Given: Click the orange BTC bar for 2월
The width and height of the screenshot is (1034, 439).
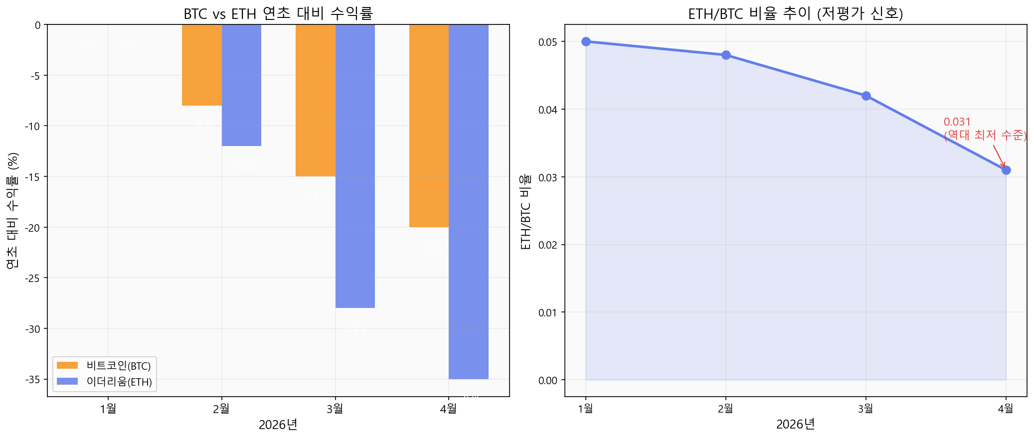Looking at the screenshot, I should (202, 65).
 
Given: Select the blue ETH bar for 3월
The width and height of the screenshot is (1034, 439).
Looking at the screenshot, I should (355, 166).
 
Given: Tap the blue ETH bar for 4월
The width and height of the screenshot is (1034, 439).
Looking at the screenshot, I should (469, 201).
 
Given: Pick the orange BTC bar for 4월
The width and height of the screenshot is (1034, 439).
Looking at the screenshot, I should (429, 126).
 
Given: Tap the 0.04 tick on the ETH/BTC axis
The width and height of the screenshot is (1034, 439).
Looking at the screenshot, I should (547, 110).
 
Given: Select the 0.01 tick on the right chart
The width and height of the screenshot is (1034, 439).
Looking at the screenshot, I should (547, 312).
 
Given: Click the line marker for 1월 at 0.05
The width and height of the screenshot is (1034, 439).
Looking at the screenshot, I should (586, 41).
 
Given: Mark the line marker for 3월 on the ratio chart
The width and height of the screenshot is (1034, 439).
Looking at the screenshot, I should (866, 96).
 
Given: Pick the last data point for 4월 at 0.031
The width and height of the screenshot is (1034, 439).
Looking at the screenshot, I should (1006, 170).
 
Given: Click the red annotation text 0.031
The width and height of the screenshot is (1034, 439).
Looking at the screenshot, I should (957, 122).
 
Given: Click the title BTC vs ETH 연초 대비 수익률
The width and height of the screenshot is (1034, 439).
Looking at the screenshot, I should (278, 13).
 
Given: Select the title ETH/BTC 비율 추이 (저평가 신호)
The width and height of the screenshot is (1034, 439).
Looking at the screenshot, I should (795, 13).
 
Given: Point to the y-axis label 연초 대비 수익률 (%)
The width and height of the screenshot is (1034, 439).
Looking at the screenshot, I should (13, 210).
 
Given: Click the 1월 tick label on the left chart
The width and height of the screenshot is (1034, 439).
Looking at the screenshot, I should (108, 409).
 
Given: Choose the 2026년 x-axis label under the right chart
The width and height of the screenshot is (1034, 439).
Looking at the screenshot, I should (795, 425).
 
